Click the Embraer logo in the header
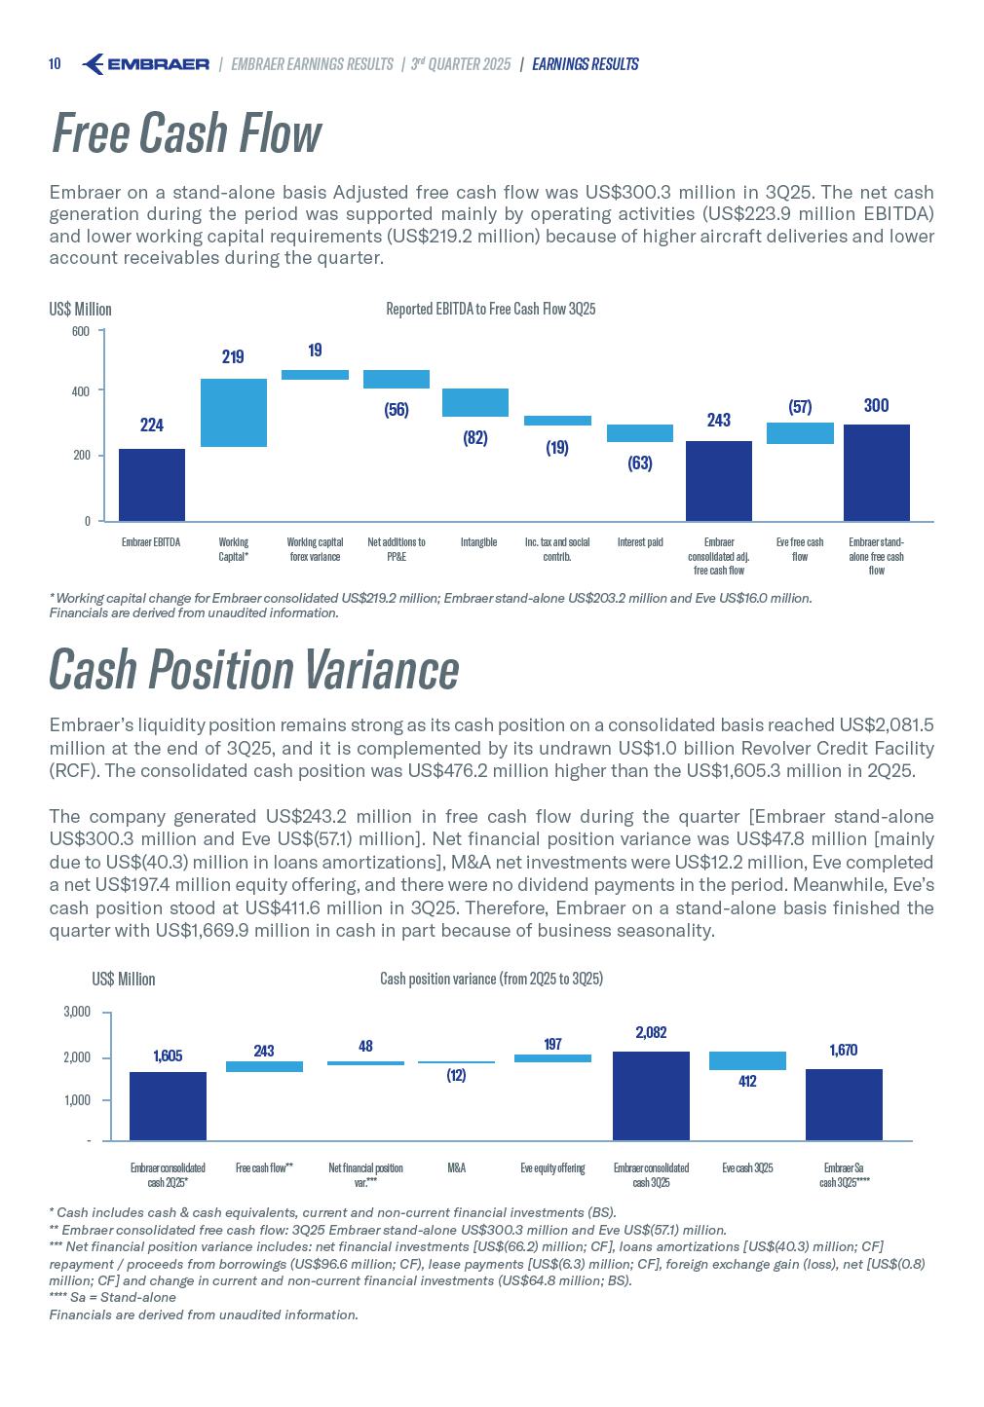pyautogui.click(x=146, y=64)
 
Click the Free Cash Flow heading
pyautogui.click(x=185, y=133)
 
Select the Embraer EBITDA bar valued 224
pyautogui.click(x=151, y=484)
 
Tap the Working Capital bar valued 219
pyautogui.click(x=233, y=413)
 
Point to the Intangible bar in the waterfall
pyautogui.click(x=475, y=402)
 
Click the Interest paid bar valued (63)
pyautogui.click(x=639, y=433)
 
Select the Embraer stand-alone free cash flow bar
pyautogui.click(x=876, y=472)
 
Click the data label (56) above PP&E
pyautogui.click(x=396, y=410)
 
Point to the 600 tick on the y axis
pyautogui.click(x=80, y=332)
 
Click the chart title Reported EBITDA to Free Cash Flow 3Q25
pyautogui.click(x=490, y=309)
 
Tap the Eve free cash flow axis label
pyautogui.click(x=800, y=549)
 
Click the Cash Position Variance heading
pyautogui.click(x=253, y=670)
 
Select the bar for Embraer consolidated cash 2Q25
pyautogui.click(x=168, y=1105)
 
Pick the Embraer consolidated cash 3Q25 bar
pyautogui.click(x=651, y=1095)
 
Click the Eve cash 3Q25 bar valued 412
pyautogui.click(x=747, y=1060)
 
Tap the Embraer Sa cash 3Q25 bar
pyautogui.click(x=844, y=1104)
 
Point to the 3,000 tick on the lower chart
pyautogui.click(x=77, y=1013)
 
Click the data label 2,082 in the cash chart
pyautogui.click(x=651, y=1033)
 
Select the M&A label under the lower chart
pyautogui.click(x=456, y=1167)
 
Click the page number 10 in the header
pyautogui.click(x=55, y=64)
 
